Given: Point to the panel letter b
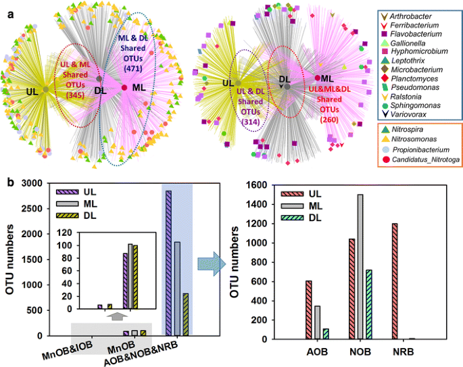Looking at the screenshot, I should tap(9, 182).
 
